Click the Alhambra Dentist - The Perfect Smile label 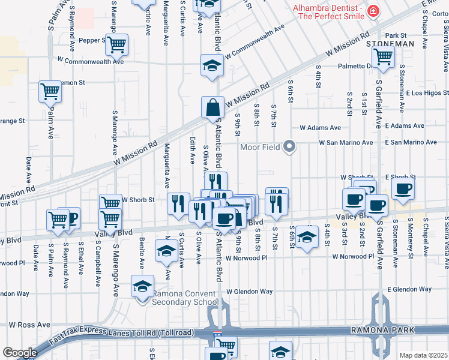point(328,12)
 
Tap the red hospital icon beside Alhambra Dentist point(373,11)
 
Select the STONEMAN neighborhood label point(390,44)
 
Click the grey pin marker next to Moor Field point(291,146)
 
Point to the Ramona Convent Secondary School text point(185,298)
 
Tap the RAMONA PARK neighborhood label point(385,331)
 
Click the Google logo point(20,353)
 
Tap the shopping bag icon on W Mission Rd point(212,109)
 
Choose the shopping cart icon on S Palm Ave point(50,92)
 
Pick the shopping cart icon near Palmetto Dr point(383,57)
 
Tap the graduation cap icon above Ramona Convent point(142,286)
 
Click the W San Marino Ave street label point(346,143)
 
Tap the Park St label point(396,35)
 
